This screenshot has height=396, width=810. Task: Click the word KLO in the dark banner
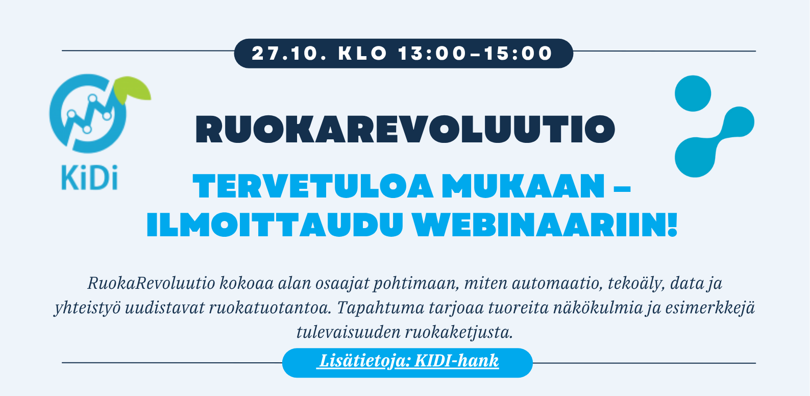[x=363, y=54]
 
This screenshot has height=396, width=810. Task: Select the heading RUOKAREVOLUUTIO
[x=405, y=130]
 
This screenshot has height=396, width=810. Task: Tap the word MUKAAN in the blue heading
[x=524, y=187]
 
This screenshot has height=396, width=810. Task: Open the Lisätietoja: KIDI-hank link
[x=408, y=361]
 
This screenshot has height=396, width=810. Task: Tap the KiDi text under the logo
[x=89, y=178]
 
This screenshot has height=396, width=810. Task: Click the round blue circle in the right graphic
[x=693, y=93]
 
